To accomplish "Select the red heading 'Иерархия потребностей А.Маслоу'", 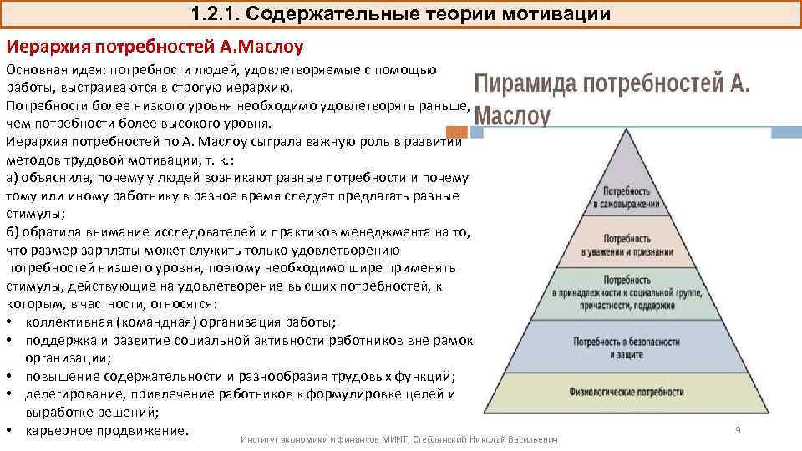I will tap(155, 44).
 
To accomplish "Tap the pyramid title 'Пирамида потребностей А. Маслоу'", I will tap(612, 99).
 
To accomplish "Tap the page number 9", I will tap(738, 429).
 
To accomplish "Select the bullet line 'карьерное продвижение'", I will tap(107, 431).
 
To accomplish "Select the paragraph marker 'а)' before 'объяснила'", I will tap(12, 177).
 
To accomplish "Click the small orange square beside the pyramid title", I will tap(457, 131).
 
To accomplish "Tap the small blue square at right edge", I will tap(785, 131).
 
